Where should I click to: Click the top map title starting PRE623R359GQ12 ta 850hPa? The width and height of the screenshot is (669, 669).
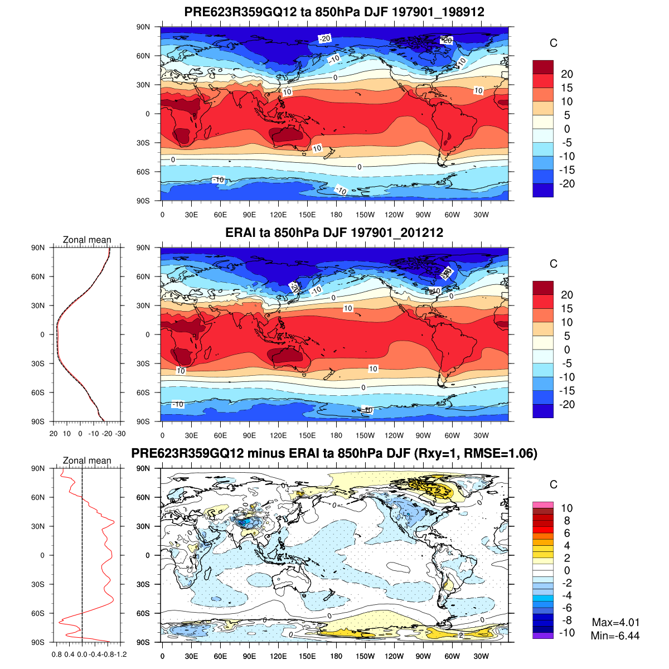coord(334,12)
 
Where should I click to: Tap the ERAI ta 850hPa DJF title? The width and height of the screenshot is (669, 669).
coord(334,232)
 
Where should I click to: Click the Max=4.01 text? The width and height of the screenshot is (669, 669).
coord(615,623)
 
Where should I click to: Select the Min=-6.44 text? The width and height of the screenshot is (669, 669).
coord(615,636)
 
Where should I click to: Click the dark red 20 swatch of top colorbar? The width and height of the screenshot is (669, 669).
coord(543,67)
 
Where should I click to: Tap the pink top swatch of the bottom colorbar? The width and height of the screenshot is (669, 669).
coord(543,505)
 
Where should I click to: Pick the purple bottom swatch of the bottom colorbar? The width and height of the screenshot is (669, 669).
coord(543,636)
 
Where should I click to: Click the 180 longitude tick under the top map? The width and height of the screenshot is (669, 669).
coord(336,215)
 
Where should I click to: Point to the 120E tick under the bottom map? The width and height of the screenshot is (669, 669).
coord(278,656)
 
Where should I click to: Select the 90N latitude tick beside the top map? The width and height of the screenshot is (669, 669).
coord(144,27)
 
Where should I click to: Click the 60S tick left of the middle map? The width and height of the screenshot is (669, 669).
coord(144,392)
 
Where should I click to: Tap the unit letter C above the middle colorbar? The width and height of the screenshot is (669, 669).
coord(554,264)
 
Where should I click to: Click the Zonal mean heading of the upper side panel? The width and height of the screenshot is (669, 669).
coord(87,240)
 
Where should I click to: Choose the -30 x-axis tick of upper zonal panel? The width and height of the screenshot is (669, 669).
coord(120,434)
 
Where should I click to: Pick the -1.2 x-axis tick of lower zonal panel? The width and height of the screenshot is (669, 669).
coord(120,655)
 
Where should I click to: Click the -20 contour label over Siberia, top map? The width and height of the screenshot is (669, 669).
coord(324,38)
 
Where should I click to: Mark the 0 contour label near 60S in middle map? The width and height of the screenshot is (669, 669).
coord(363,387)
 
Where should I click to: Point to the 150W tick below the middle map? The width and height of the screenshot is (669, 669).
coord(365,435)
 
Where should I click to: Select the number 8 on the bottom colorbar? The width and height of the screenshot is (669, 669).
coord(567,521)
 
